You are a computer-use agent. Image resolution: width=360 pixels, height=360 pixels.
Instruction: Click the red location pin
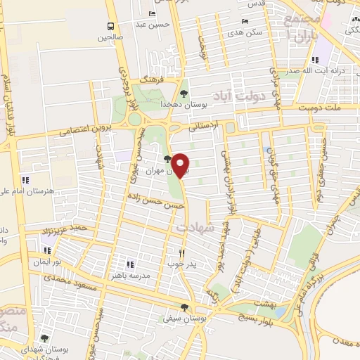point(181,165)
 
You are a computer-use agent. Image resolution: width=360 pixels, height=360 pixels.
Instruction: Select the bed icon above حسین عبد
point(152,13)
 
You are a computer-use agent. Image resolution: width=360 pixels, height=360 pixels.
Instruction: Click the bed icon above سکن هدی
point(245,20)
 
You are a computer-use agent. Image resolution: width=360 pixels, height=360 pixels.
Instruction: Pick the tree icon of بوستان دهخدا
point(184,93)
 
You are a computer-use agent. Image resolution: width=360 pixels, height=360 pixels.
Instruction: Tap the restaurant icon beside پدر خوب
point(181,253)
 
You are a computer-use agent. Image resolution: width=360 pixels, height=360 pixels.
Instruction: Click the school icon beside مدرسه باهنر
point(129,263)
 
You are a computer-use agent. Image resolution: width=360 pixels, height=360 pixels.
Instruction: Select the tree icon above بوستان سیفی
point(184,307)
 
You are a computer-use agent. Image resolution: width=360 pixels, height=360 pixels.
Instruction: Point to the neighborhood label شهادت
point(195,228)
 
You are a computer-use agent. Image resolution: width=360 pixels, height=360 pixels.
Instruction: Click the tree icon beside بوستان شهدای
point(44,337)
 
